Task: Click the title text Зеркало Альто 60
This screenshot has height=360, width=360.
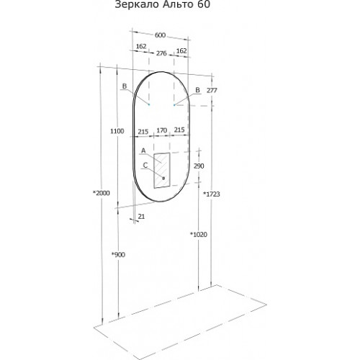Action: click(163, 4)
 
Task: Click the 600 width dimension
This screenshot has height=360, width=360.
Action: click(160, 35)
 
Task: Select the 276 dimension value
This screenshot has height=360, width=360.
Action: click(161, 53)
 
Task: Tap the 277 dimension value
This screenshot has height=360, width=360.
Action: click(212, 91)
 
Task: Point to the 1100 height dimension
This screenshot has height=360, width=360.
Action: click(117, 131)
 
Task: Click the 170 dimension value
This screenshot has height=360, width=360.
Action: click(162, 130)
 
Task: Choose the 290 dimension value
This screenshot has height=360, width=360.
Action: click(199, 166)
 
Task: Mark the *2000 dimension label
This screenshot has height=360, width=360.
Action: click(102, 193)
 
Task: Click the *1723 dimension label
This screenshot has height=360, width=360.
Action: click(212, 194)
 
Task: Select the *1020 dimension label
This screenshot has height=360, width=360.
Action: click(199, 234)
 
